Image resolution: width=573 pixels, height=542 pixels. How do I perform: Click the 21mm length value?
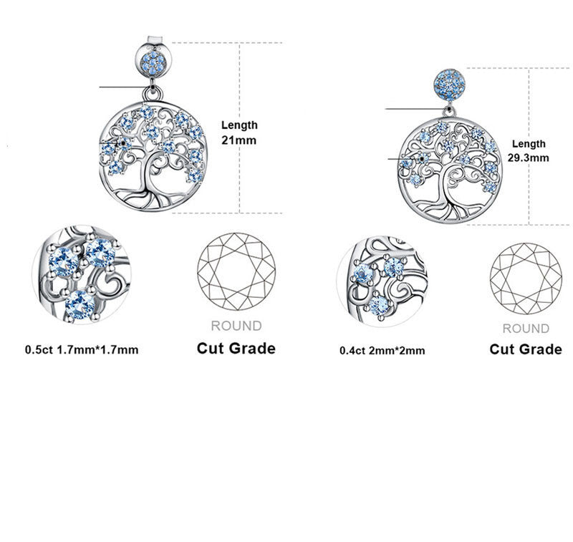239,140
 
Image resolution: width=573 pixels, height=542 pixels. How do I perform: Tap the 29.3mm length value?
528,158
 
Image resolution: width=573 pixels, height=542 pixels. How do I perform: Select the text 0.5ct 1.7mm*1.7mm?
82,349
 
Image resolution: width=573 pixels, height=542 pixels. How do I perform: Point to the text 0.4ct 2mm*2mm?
382,351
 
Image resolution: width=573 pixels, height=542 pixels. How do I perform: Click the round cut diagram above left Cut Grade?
236,272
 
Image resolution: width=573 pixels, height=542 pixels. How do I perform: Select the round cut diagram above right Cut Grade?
526,279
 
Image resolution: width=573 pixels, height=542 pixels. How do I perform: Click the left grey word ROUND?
236,326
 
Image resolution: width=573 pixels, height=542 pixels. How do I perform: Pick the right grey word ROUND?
526,329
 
